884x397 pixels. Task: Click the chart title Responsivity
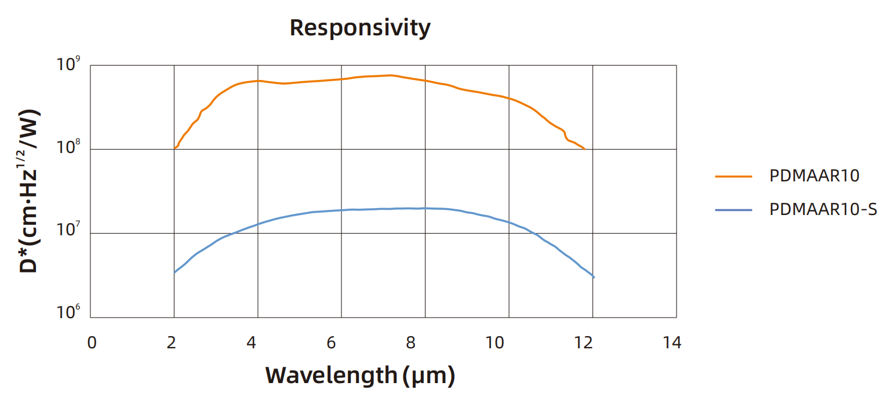tap(360, 28)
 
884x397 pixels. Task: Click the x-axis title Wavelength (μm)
tap(360, 376)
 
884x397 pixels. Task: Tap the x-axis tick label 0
tap(92, 343)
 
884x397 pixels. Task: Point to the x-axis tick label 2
tap(171, 343)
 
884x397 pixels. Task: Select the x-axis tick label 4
tap(251, 343)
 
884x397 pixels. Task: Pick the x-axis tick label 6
tap(331, 343)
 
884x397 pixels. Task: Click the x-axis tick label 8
tap(410, 343)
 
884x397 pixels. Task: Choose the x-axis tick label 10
tap(494, 343)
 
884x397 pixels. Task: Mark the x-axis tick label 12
tap(584, 343)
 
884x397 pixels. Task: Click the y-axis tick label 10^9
tap(68, 64)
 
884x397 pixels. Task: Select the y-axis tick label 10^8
tap(68, 147)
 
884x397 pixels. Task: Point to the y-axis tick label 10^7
tap(68, 231)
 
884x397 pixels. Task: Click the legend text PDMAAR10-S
tap(823, 209)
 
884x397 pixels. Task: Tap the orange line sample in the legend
tap(733, 176)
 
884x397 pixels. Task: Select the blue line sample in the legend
tap(733, 209)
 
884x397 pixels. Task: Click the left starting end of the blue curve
tap(174, 272)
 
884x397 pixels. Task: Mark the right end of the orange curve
tap(584, 149)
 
